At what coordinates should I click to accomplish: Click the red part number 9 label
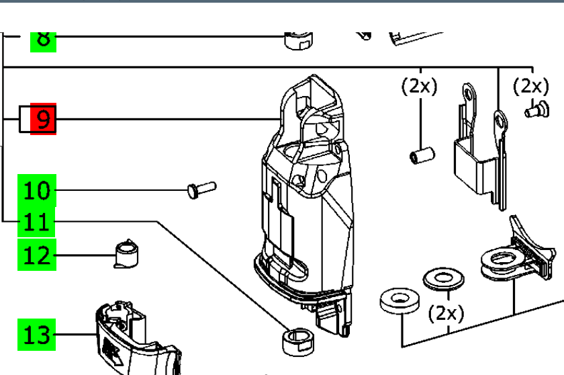point(43,120)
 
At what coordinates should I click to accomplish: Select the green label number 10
point(37,190)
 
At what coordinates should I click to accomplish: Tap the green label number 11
point(37,222)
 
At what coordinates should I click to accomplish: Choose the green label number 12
point(37,255)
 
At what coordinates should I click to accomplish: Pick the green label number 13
point(37,334)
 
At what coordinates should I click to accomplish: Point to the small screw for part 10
point(200,189)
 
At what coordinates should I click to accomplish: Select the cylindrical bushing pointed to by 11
point(295,339)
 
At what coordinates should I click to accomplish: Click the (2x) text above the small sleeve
point(420,87)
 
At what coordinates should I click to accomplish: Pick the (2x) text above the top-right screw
point(530,87)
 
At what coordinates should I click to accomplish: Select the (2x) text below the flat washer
point(446,312)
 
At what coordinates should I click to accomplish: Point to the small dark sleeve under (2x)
point(422,155)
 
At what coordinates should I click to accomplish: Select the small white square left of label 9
point(26,120)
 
